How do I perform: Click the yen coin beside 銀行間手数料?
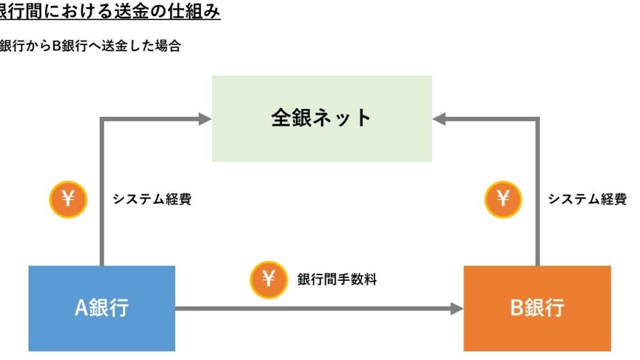[268, 279]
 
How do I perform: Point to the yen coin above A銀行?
[67, 199]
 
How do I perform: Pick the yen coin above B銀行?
[502, 199]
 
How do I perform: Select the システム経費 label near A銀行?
[152, 199]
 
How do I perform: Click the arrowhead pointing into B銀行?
[457, 308]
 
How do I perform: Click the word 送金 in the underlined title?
[125, 12]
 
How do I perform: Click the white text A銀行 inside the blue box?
[101, 308]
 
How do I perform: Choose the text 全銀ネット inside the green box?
[321, 117]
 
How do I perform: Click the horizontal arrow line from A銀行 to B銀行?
[313, 308]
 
